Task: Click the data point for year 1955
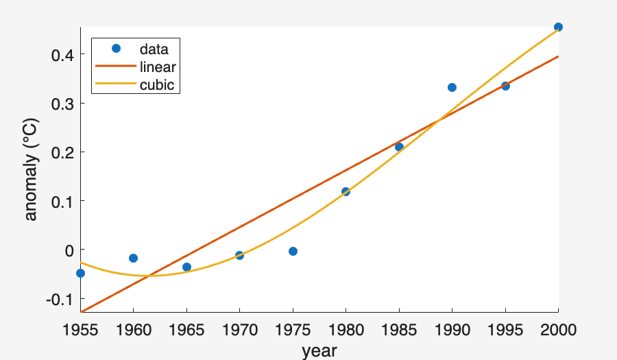point(80,273)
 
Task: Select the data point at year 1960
point(133,258)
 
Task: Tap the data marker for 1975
point(293,251)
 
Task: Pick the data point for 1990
point(452,87)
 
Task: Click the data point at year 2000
point(558,27)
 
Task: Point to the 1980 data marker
point(346,191)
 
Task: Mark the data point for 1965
point(186,267)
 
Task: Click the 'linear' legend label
point(158,67)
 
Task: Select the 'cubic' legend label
point(156,85)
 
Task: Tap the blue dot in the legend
point(115,49)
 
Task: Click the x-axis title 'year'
point(319,350)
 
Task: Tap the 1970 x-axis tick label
point(239,330)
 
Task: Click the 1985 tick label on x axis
point(399,330)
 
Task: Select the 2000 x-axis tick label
point(558,330)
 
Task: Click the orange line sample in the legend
point(115,67)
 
